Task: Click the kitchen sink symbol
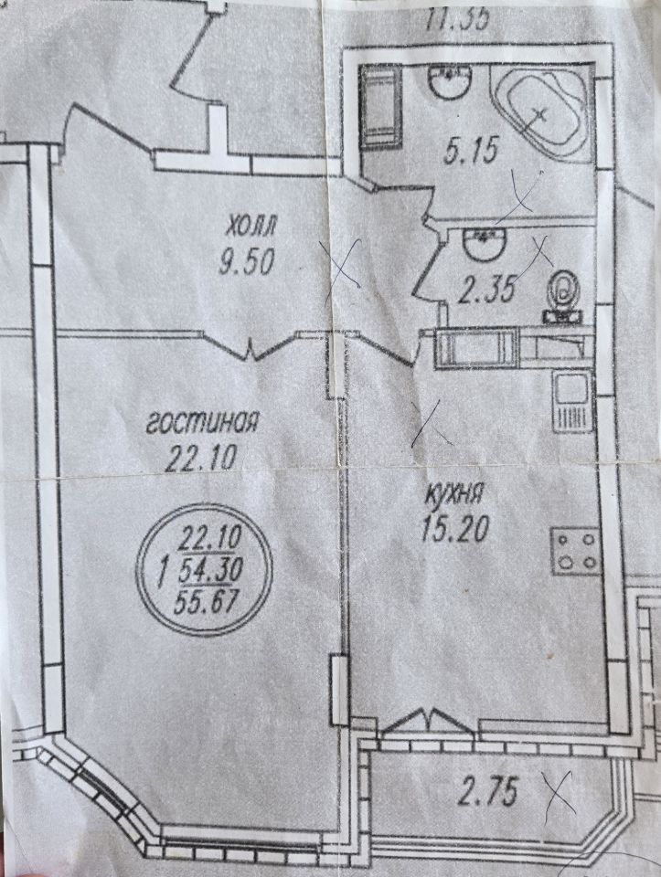point(573,402)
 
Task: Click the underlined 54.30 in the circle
point(211,573)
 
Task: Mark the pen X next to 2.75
point(558,792)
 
